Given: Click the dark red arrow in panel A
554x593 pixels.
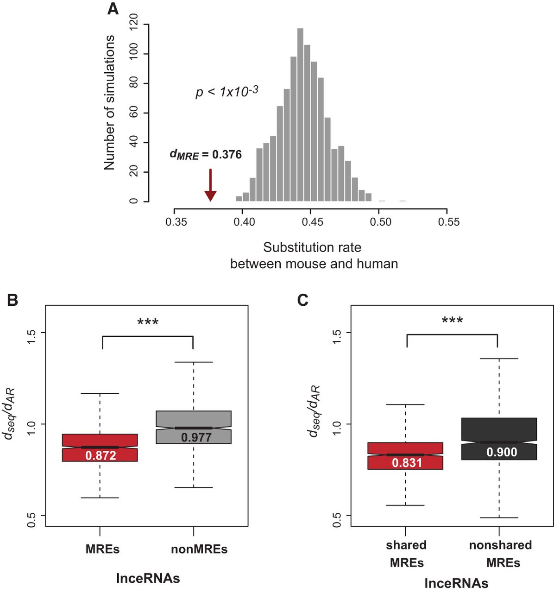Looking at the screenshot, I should (210, 185).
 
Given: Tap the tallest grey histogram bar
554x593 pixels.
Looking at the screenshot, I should (300, 115).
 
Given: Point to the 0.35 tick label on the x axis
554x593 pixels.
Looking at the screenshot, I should (176, 222).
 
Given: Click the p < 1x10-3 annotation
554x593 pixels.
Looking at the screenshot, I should (227, 91).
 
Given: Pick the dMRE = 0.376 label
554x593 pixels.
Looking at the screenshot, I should (205, 155).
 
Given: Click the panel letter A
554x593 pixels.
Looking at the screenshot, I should (113, 9).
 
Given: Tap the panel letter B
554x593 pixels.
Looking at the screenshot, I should (13, 300).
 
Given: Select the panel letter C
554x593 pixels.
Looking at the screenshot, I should (303, 300).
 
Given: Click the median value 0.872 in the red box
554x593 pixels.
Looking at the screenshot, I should (101, 456).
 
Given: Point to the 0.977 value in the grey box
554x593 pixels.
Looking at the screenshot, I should (196, 437).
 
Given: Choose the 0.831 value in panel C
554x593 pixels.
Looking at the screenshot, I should (407, 463).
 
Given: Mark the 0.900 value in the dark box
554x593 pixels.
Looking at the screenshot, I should (502, 452).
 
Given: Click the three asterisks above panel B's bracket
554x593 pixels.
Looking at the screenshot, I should (148, 322).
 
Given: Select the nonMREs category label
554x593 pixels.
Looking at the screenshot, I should (199, 549).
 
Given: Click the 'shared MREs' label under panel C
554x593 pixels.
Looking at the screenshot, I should (406, 554).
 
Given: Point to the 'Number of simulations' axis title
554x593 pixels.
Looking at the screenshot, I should (110, 102).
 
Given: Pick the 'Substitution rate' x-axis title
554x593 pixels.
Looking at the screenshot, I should (312, 247).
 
